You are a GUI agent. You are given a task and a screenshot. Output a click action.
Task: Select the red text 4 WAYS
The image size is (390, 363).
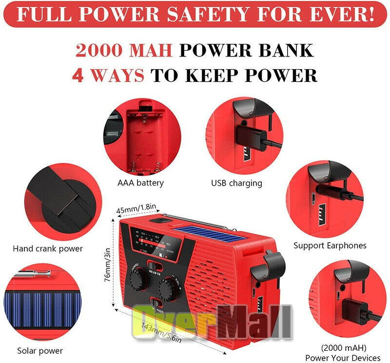click(108, 75)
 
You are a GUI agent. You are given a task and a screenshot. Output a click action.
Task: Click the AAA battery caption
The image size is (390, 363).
click(140, 183)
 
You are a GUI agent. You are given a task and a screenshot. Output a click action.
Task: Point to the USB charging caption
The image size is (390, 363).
click(236, 183)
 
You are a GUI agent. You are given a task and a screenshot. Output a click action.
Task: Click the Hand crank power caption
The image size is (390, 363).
click(48, 248)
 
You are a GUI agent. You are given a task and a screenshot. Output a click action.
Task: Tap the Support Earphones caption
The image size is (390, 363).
click(330, 246)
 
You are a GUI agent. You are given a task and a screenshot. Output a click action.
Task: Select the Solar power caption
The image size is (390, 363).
click(40, 350)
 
